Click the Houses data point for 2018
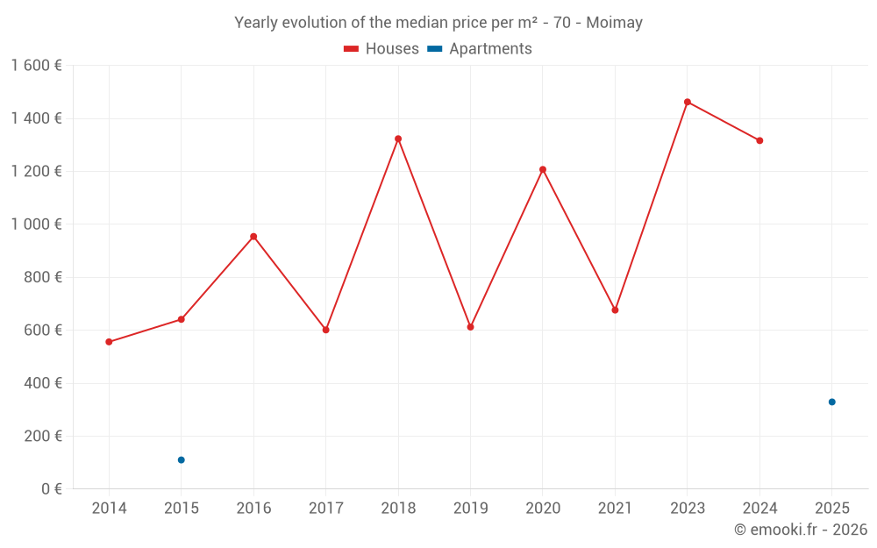(x=398, y=139)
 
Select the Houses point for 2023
(x=688, y=102)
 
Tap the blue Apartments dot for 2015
(x=182, y=459)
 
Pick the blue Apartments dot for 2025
(x=832, y=402)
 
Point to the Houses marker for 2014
(x=109, y=342)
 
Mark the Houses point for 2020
(x=543, y=169)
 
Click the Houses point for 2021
(x=615, y=310)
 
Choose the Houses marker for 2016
(x=253, y=237)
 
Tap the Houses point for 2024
(x=759, y=140)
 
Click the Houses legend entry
(x=381, y=49)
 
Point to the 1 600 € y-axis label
(x=36, y=66)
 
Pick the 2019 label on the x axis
(x=470, y=509)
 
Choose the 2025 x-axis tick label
(x=832, y=509)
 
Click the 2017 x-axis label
(x=325, y=509)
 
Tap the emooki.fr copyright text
(x=801, y=530)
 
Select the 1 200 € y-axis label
(x=36, y=171)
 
